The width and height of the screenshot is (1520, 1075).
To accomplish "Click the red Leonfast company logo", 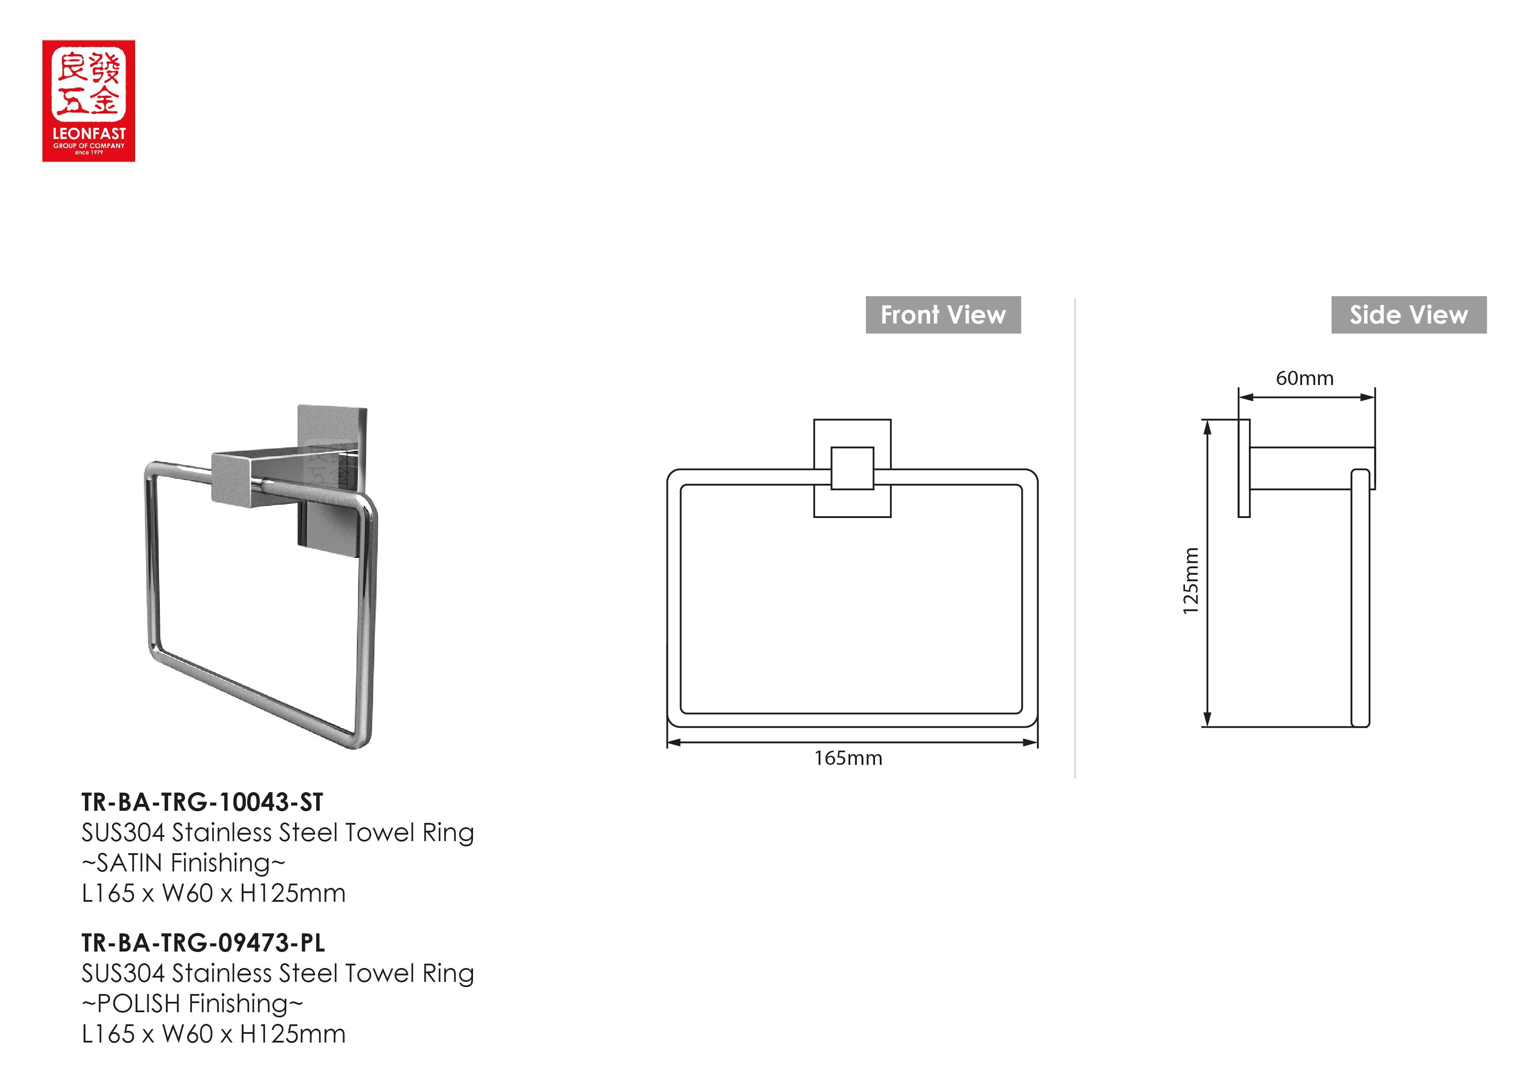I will tap(89, 100).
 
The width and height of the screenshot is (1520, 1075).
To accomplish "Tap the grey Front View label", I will tap(943, 315).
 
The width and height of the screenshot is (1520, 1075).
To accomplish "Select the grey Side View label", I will tap(1409, 315).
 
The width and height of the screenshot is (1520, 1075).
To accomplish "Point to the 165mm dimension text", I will tap(848, 758).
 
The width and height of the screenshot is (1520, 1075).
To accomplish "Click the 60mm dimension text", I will tap(1304, 379).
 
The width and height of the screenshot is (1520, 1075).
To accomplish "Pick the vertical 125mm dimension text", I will tap(1191, 580).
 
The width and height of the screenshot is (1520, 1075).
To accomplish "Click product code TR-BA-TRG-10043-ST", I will tap(202, 802).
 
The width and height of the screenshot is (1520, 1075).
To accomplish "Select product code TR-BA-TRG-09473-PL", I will tap(203, 942).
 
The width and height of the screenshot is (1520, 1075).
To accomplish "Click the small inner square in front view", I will tap(852, 469).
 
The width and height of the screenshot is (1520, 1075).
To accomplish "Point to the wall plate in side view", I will tap(1244, 469).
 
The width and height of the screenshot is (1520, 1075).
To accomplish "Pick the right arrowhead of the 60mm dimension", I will tap(1368, 397).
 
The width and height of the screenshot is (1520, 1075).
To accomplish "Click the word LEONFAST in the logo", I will tap(89, 134).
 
